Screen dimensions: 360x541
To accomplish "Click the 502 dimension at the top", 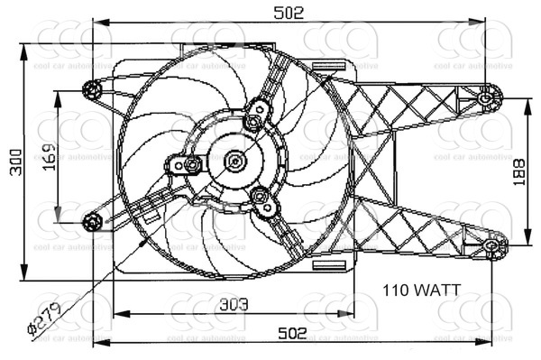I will tap(291, 11).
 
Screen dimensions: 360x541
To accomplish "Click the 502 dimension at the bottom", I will tap(291, 332).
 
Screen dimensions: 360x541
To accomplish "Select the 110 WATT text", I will tap(421, 291).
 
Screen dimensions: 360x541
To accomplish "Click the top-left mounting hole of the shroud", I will tap(92, 88).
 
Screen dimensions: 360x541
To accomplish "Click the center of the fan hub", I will tap(235, 162).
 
